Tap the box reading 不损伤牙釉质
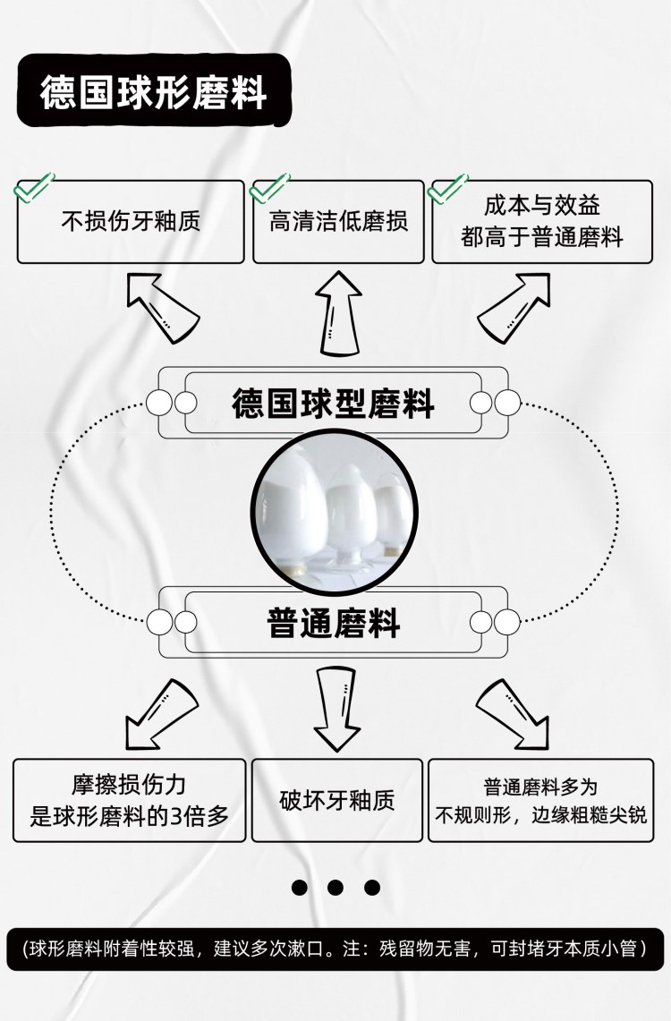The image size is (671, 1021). click(x=131, y=222)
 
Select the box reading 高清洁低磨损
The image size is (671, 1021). click(x=338, y=222)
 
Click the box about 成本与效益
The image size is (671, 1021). click(x=542, y=222)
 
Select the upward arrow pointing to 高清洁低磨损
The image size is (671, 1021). click(x=338, y=313)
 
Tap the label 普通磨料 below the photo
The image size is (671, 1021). click(x=333, y=622)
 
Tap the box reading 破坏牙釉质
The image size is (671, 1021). click(x=336, y=800)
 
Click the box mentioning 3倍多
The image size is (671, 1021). click(x=130, y=800)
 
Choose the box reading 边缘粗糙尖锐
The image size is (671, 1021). click(x=540, y=800)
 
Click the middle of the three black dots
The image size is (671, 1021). click(x=335, y=888)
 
